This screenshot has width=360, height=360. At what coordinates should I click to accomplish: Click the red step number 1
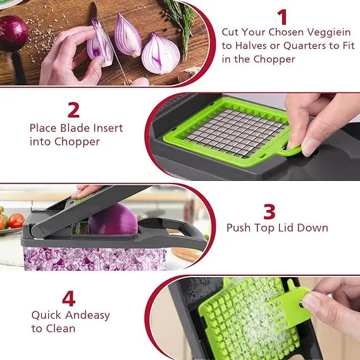pos(282,16)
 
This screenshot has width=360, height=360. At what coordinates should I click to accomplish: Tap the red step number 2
pos(74,109)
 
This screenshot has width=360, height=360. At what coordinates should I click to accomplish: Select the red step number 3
pos(270,211)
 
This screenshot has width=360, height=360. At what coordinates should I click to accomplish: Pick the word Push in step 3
pos(239,228)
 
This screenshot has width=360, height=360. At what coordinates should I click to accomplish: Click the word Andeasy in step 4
pos(85,314)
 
